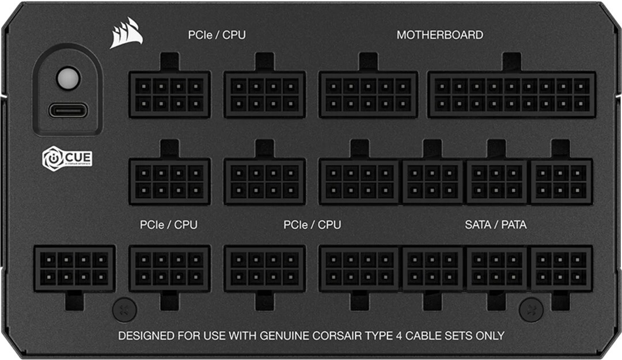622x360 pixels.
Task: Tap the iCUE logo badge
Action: point(67,159)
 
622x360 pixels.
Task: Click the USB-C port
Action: point(68,111)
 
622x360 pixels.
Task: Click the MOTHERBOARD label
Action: point(440,35)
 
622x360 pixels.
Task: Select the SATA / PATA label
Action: point(495,225)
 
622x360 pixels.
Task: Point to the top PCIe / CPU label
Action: point(217,35)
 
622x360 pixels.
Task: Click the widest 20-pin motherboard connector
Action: point(512,94)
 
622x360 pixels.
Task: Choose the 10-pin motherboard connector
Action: point(368,94)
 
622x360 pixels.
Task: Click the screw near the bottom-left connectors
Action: point(124,309)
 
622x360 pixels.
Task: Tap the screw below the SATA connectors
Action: point(531,309)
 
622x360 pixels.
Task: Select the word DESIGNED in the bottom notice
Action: point(146,336)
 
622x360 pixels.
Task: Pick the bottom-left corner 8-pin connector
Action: point(74,269)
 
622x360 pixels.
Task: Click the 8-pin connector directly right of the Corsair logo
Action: point(170,94)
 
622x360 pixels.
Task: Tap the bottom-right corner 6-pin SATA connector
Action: point(561,269)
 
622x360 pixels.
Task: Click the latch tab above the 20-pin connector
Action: point(512,62)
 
